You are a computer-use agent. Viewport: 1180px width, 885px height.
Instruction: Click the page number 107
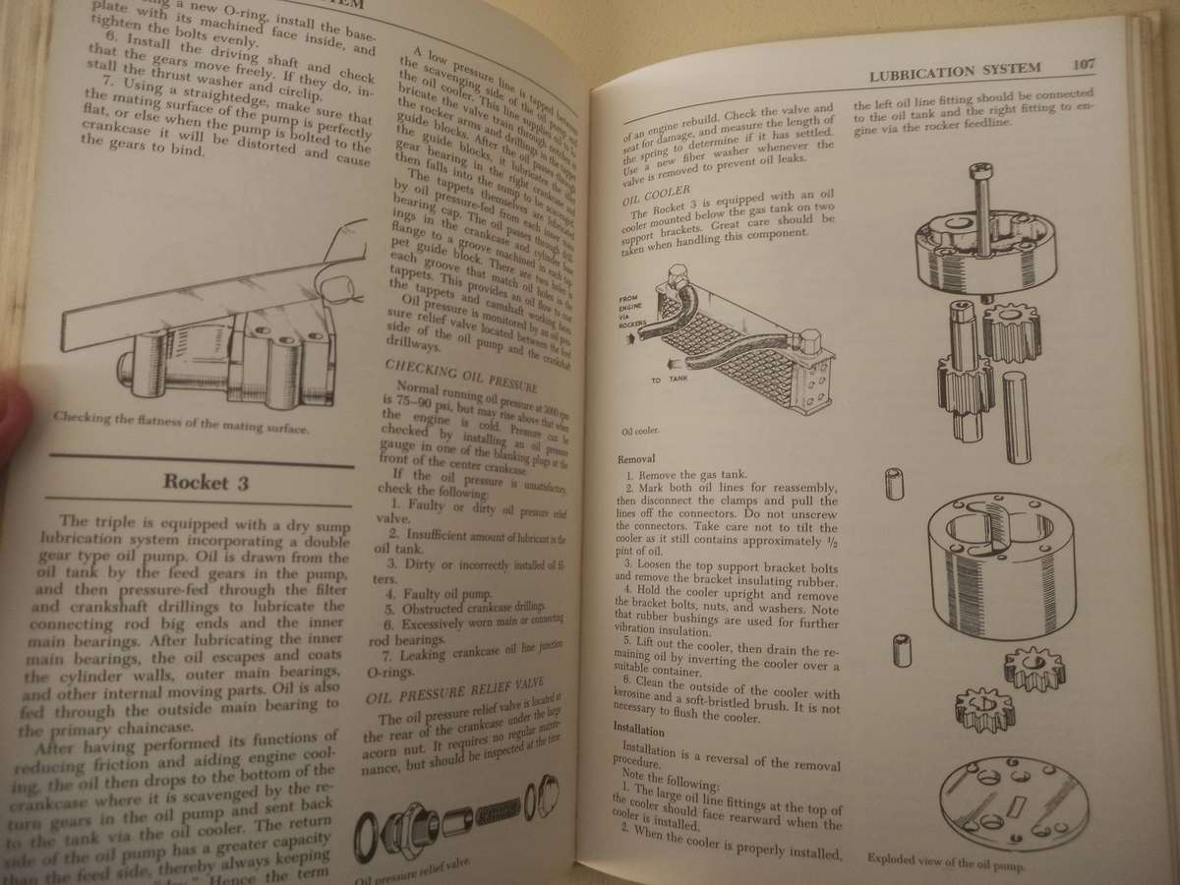1084,66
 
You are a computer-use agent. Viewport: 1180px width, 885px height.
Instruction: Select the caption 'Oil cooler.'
640,430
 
